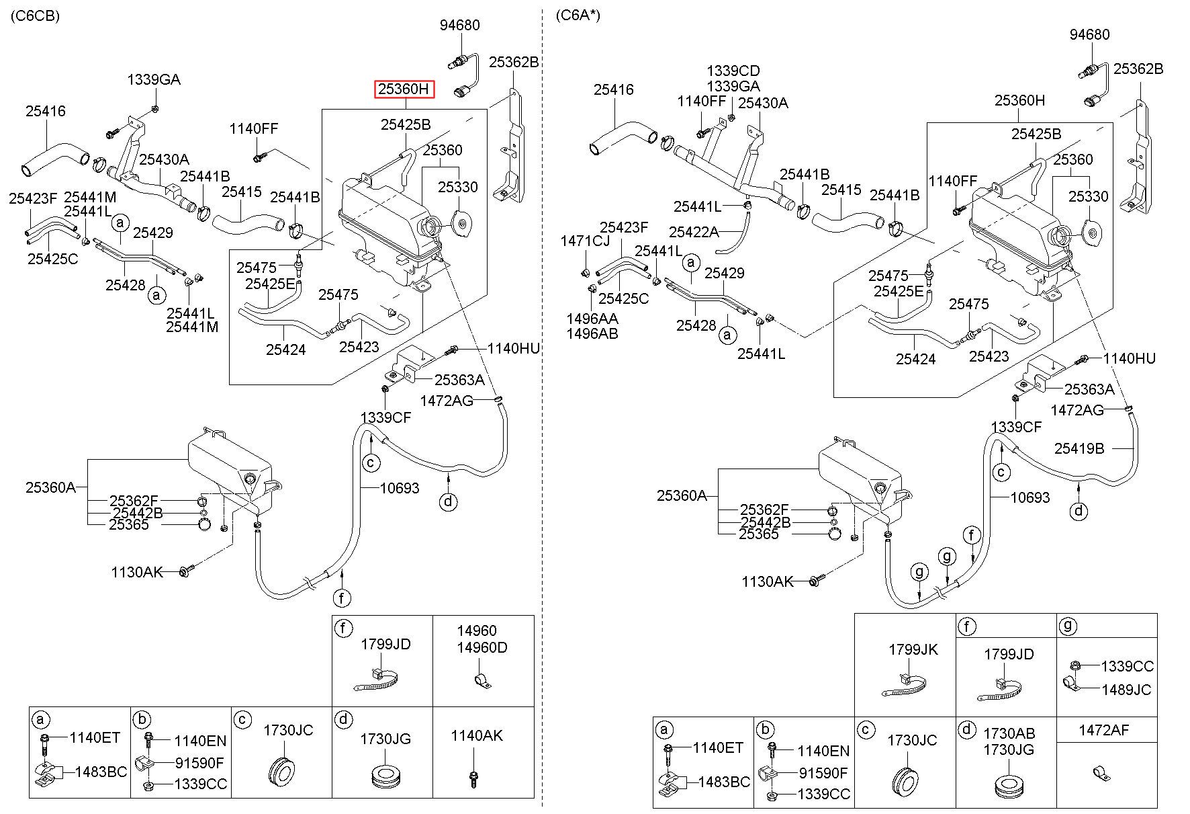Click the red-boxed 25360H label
[x=405, y=89]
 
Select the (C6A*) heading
[x=578, y=16]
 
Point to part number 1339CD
[x=733, y=71]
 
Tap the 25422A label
[x=694, y=232]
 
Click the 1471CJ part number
[x=586, y=241]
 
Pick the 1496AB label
[x=592, y=333]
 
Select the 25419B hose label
[x=1079, y=448]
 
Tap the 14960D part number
[x=482, y=648]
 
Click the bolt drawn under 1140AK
[x=474, y=779]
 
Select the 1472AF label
[x=1104, y=731]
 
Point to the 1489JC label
[x=1126, y=690]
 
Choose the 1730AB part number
[x=1009, y=733]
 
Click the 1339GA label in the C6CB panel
[x=154, y=80]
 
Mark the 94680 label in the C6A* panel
[x=1090, y=34]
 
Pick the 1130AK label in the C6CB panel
[x=137, y=572]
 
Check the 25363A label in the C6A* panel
[x=1089, y=389]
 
